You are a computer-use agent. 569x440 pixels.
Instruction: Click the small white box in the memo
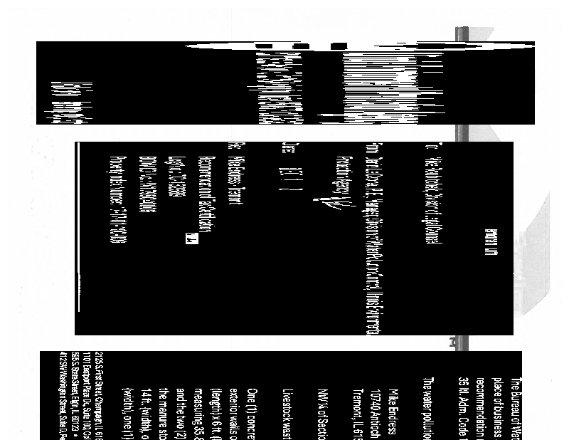point(191,241)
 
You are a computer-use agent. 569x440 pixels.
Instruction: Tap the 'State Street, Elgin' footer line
point(74,395)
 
